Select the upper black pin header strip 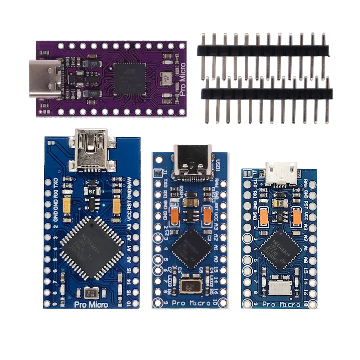click(x=263, y=50)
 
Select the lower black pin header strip click(x=266, y=94)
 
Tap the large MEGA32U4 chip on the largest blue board click(x=91, y=248)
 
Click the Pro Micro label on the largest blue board click(x=91, y=305)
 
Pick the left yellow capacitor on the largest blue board click(x=67, y=206)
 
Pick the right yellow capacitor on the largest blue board click(x=116, y=206)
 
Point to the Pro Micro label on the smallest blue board click(x=281, y=305)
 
